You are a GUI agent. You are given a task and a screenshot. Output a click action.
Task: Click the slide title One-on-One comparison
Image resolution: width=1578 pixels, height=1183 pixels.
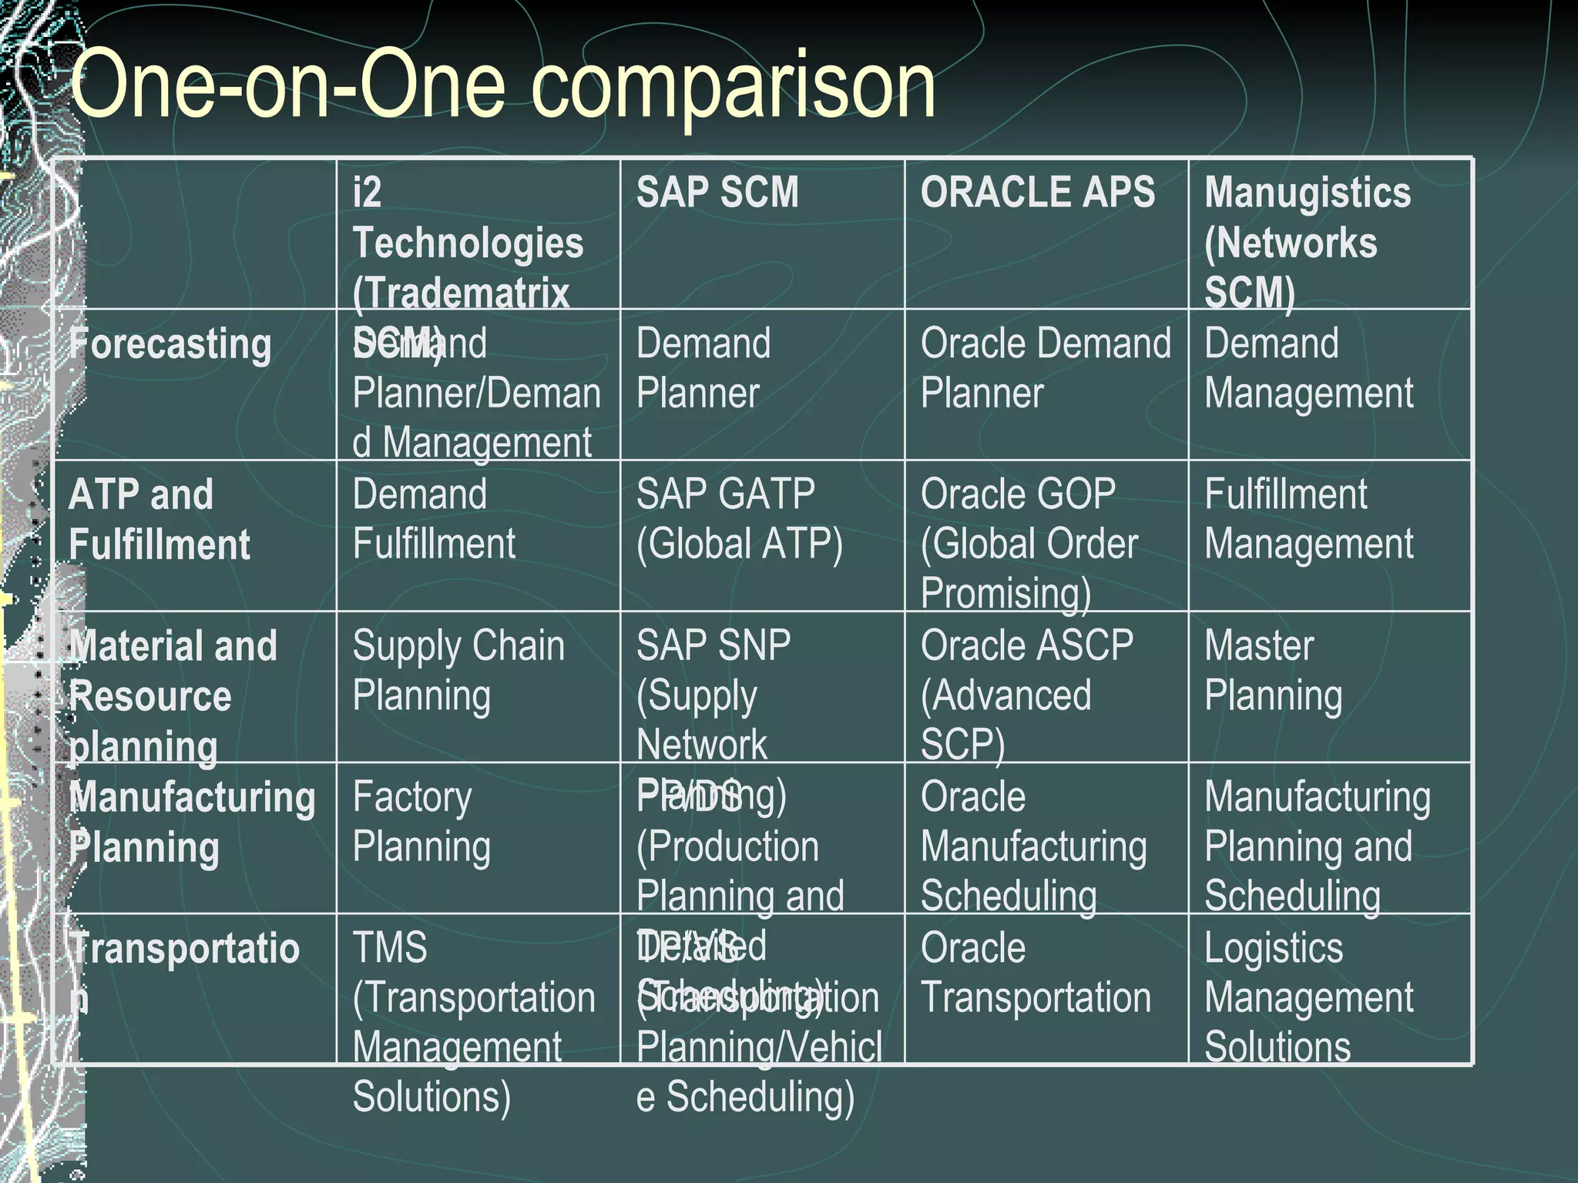(502, 85)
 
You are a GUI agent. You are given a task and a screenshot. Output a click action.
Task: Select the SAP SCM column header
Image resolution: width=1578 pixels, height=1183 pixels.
(717, 193)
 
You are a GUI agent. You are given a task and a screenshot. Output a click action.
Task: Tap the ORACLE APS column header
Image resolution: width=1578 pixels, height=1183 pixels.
(1037, 193)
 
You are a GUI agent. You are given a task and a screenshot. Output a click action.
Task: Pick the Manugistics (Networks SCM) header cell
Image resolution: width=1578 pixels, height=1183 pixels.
(1307, 242)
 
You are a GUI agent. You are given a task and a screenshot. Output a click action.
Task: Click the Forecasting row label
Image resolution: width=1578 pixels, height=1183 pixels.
(170, 344)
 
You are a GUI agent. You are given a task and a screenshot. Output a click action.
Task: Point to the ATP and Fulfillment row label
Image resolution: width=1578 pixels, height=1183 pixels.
(159, 519)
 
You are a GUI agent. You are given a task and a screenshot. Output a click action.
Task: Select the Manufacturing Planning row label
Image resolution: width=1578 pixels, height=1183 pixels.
(193, 822)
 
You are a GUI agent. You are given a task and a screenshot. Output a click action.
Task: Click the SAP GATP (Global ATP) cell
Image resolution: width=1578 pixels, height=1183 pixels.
(740, 519)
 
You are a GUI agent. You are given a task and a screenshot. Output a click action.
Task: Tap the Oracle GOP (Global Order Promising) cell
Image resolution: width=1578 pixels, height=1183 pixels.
(1029, 543)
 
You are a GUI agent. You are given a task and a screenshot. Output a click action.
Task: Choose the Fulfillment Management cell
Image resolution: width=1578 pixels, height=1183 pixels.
(1308, 519)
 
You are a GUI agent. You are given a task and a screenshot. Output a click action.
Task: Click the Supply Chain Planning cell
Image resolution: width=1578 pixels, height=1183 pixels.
(458, 670)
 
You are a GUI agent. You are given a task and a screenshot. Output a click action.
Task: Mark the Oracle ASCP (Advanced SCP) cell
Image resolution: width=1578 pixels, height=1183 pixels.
(1026, 694)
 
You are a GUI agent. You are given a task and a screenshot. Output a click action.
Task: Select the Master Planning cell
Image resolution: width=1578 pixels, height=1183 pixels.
(1273, 670)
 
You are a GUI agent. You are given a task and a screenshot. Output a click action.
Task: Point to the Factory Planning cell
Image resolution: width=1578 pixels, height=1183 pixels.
(421, 821)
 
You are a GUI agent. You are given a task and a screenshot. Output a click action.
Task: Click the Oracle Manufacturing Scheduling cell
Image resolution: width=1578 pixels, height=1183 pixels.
(1033, 846)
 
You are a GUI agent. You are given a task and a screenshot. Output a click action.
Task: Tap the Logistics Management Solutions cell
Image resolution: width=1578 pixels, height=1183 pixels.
(1308, 997)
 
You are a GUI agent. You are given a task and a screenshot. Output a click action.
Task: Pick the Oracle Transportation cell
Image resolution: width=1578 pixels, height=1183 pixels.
(1036, 972)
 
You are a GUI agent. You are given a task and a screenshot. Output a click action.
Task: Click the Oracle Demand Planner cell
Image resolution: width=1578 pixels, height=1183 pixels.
(1045, 368)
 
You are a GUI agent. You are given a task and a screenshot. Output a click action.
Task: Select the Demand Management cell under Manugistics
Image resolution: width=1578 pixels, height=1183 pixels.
(1308, 368)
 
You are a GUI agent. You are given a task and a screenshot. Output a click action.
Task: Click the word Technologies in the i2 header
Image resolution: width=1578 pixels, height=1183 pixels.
(468, 243)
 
